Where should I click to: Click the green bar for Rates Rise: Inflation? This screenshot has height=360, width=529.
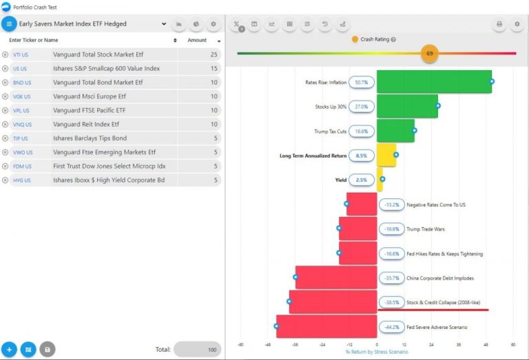(x=434, y=82)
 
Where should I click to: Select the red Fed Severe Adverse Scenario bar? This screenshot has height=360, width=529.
(x=326, y=327)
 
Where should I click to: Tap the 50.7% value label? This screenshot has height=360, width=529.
(x=362, y=82)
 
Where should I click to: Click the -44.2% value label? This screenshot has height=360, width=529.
(x=392, y=327)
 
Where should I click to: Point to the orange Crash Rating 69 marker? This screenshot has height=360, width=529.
(x=430, y=53)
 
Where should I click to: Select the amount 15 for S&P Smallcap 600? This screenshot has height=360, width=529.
(x=214, y=68)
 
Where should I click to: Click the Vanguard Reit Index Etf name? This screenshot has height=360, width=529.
(x=86, y=125)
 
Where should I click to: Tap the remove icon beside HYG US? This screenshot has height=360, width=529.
(x=6, y=180)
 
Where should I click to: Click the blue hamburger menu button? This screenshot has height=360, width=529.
(x=9, y=23)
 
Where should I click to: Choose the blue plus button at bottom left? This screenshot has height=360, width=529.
(x=9, y=350)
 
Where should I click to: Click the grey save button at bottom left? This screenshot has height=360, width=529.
(x=47, y=350)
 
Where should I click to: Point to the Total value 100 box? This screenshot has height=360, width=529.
(x=198, y=350)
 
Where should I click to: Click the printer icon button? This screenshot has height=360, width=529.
(x=499, y=24)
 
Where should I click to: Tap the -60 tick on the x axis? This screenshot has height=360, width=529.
(x=240, y=345)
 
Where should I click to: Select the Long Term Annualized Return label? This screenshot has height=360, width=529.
(x=313, y=156)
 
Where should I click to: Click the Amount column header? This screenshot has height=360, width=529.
(x=197, y=40)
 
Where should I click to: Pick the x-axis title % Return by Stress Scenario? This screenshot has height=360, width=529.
(x=377, y=352)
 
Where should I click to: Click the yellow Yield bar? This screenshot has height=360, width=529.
(x=380, y=180)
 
